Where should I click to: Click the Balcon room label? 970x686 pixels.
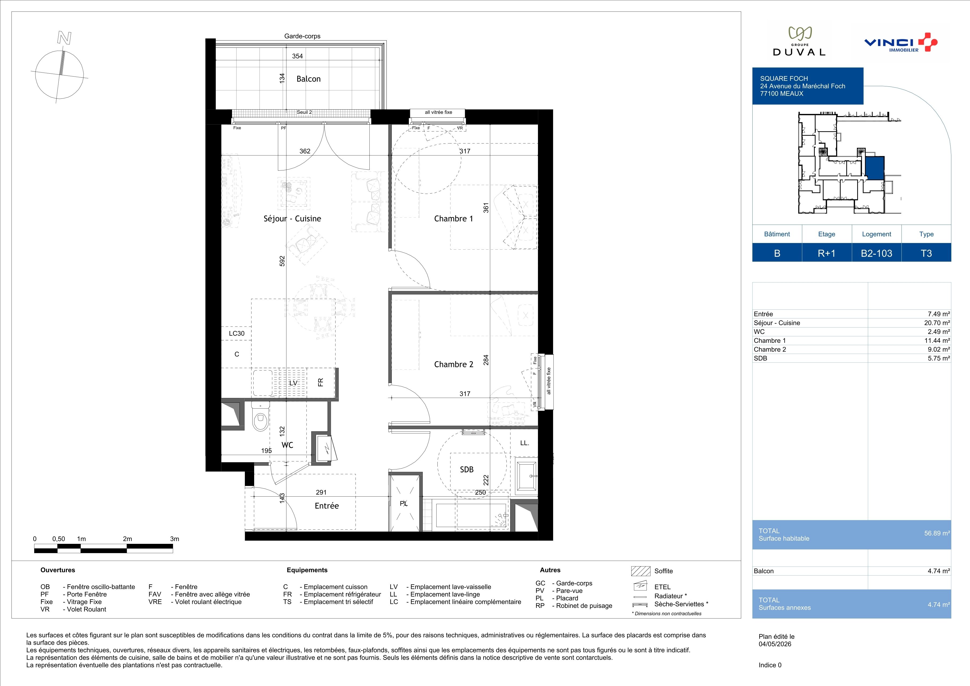point(308,79)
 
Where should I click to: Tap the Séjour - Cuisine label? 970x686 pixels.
point(292,218)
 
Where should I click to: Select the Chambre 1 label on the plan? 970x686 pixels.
point(453,218)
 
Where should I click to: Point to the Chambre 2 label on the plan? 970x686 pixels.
point(453,364)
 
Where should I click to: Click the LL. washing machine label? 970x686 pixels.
point(524,443)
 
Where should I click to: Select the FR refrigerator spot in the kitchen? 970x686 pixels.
point(321,382)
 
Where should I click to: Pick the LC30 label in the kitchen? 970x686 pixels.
point(237,333)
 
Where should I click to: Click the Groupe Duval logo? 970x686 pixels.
point(799,41)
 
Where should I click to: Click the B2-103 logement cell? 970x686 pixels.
point(877,253)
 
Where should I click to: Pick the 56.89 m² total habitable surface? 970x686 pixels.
point(937,533)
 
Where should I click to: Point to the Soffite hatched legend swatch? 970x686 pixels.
point(640,571)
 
